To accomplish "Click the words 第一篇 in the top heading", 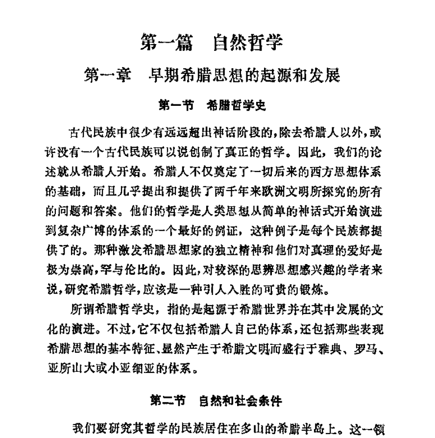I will coord(164,44).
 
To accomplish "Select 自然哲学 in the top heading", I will coord(248,44).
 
